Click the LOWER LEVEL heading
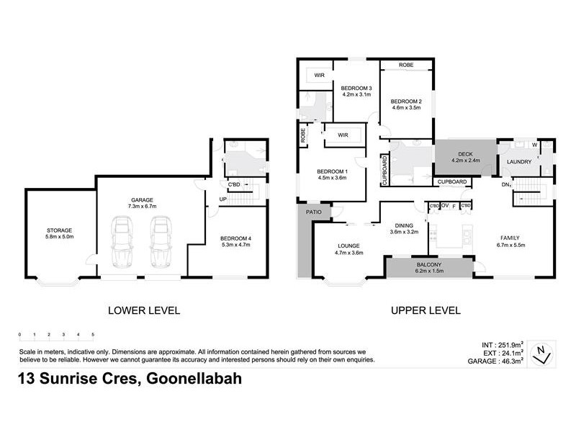(143, 311)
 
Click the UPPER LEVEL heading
(426, 311)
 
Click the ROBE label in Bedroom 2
(406, 64)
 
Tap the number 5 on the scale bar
(93, 335)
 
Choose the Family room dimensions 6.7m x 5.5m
(516, 245)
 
